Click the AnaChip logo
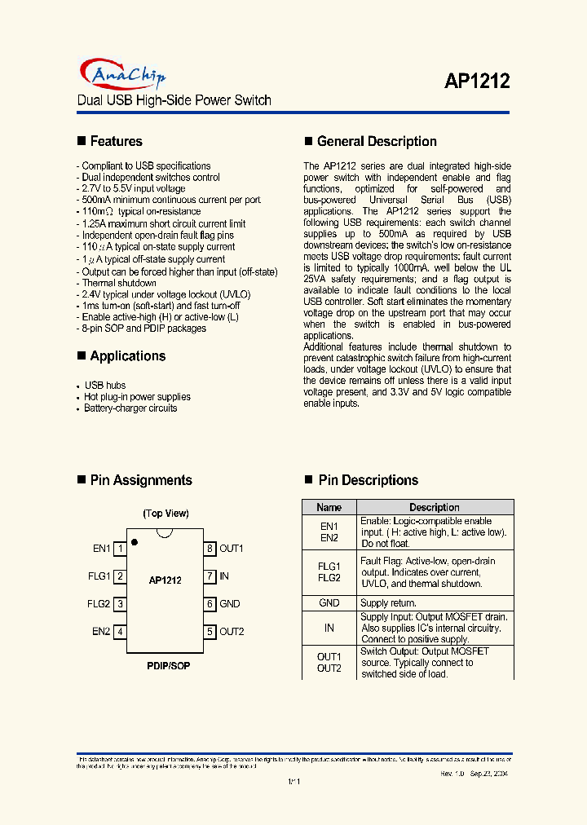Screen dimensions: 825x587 click(x=122, y=75)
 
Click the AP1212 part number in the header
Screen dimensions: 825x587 click(x=477, y=81)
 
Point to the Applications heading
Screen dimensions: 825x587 click(x=127, y=356)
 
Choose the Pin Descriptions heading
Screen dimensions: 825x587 click(x=368, y=480)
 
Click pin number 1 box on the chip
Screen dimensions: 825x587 click(x=120, y=549)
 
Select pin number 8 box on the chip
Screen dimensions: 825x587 click(x=210, y=549)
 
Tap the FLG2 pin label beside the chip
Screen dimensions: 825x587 click(x=99, y=604)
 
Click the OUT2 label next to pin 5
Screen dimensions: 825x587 click(x=232, y=632)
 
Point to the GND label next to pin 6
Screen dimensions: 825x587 click(x=229, y=604)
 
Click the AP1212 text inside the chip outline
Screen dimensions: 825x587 click(x=165, y=580)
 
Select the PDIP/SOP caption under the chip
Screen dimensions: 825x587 click(x=168, y=666)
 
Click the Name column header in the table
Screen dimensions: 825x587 click(x=329, y=507)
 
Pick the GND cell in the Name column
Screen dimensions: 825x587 click(x=329, y=603)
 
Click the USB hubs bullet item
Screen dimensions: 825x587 click(x=105, y=385)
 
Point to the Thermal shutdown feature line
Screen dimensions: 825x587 click(x=119, y=283)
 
